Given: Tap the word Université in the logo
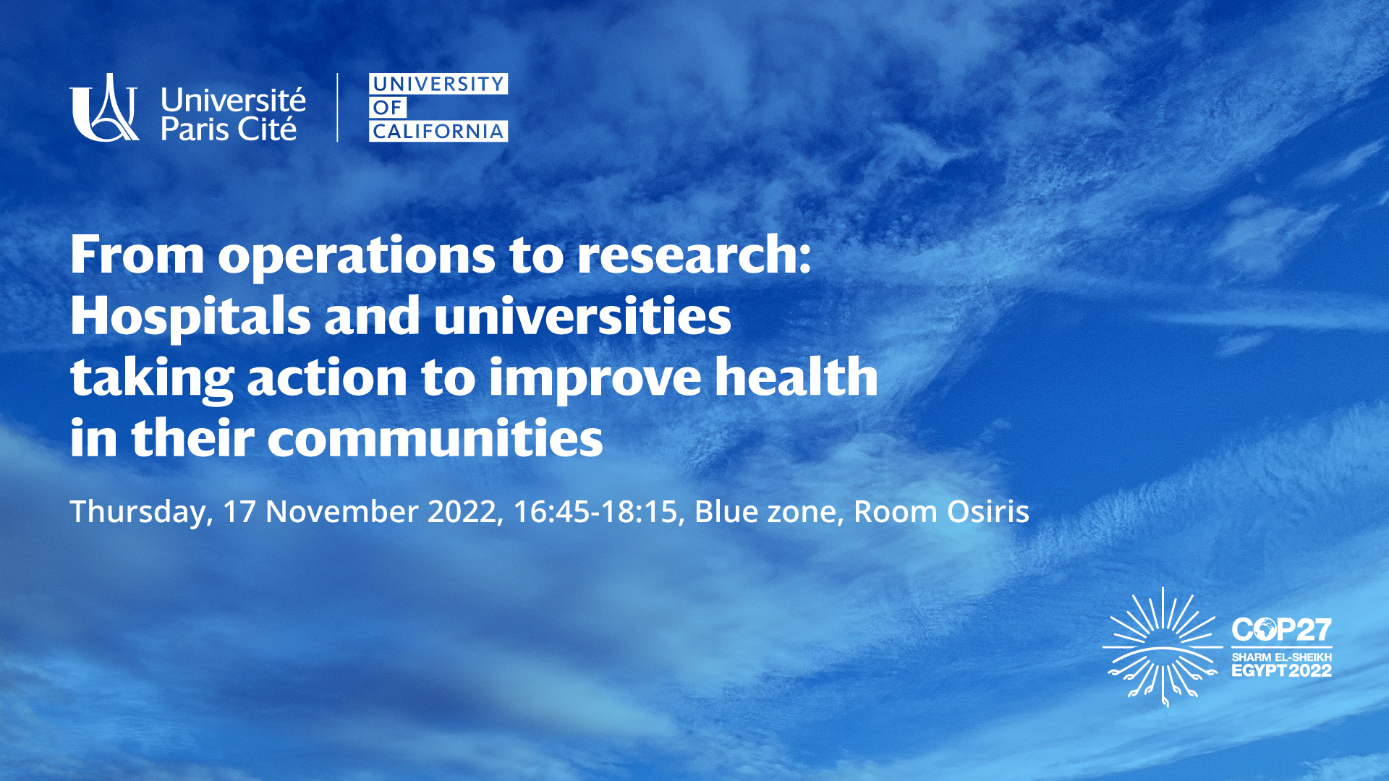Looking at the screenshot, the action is click(x=233, y=101).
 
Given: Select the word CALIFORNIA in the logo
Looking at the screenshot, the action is click(x=438, y=132).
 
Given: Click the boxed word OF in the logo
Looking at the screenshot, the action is click(x=388, y=108).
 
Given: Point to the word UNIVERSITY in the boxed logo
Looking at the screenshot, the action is click(x=438, y=84).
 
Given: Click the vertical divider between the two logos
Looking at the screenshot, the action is click(x=337, y=107).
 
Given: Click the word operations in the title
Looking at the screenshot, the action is click(x=357, y=257).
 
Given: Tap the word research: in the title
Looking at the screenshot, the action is click(x=694, y=256).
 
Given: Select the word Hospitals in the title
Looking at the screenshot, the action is click(x=190, y=318).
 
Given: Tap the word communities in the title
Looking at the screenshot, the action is click(x=436, y=438).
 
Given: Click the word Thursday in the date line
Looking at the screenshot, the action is click(x=138, y=513).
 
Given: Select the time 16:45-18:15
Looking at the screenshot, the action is click(x=595, y=512).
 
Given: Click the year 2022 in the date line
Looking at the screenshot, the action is click(x=462, y=512).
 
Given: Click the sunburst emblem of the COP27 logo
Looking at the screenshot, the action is click(x=1163, y=646).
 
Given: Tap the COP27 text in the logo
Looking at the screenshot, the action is click(x=1281, y=631).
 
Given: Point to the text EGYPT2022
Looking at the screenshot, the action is click(x=1281, y=671).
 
